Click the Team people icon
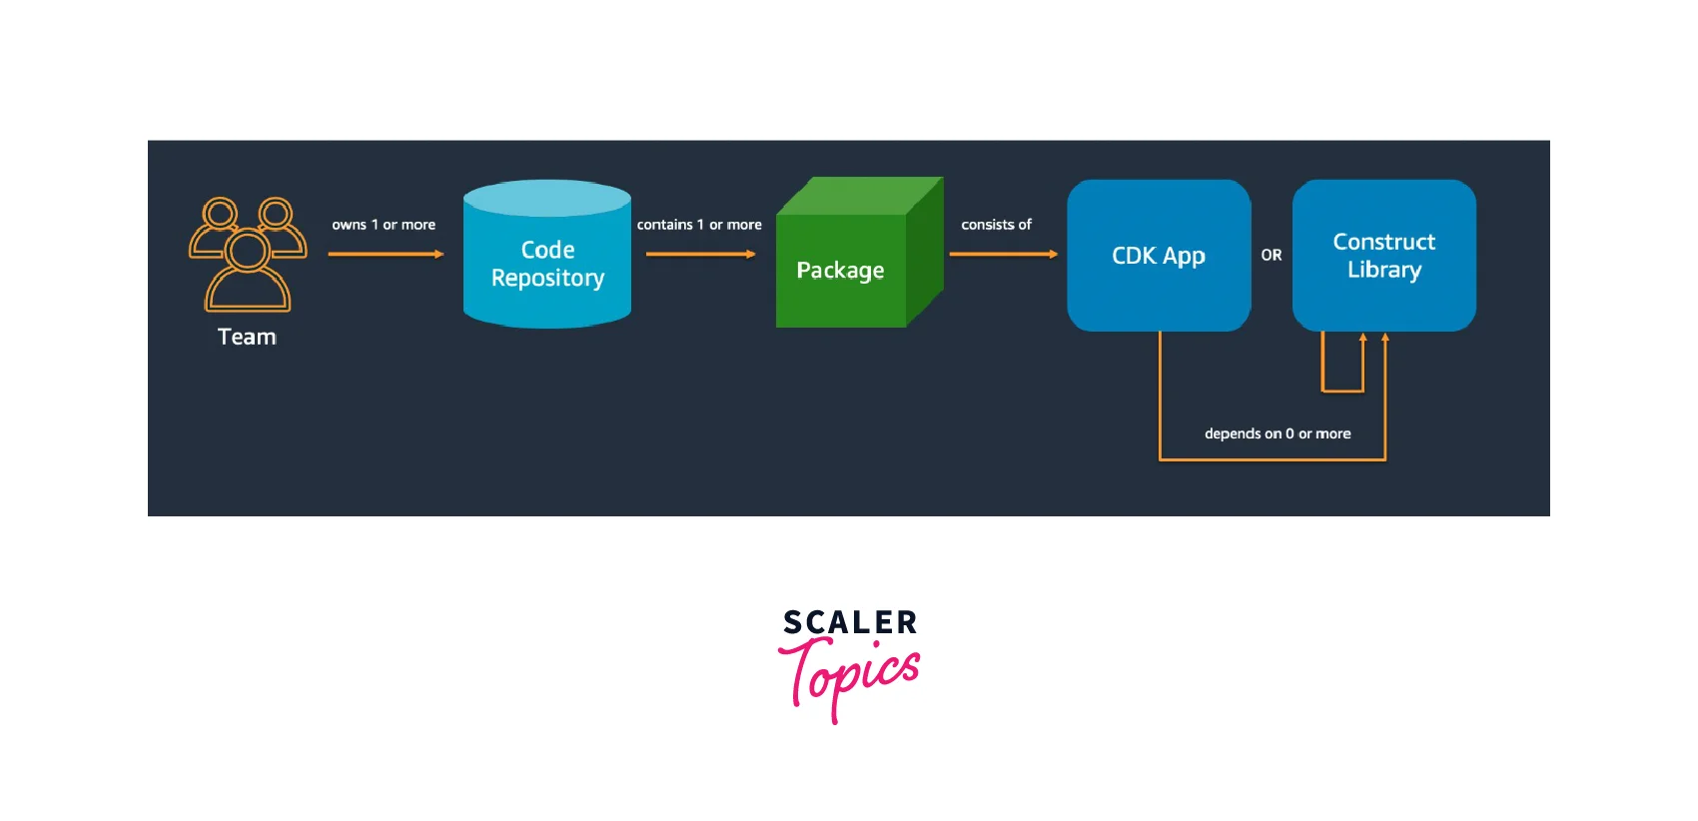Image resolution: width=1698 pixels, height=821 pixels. pos(248,254)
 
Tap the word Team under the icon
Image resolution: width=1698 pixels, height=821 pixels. pos(247,337)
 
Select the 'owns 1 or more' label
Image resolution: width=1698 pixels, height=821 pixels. pos(384,225)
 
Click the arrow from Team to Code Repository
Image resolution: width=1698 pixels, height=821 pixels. pos(386,254)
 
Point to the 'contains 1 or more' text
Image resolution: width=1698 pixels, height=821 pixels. pos(699,225)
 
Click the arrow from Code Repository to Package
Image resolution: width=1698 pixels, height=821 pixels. pos(700,254)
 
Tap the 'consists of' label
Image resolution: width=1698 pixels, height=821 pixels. pos(996,225)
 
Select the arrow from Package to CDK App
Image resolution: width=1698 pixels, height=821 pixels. pos(1003,254)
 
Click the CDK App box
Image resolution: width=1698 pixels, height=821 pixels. pos(1159,256)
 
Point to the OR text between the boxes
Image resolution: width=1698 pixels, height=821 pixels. pos(1272,256)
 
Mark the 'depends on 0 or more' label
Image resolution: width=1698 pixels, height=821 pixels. pos(1277,433)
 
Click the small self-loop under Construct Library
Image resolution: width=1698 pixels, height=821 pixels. pos(1342,390)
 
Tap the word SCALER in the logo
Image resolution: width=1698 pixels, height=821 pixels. pos(850,623)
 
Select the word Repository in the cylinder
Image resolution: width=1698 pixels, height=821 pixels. pos(547,278)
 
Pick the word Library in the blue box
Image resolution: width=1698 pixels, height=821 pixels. pos(1384,270)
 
